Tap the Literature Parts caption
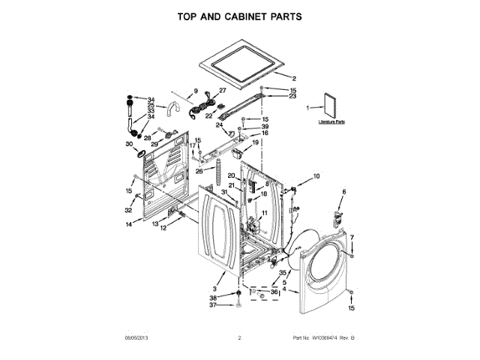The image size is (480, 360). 331,121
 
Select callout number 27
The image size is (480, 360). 222,91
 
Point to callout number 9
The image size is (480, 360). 196,91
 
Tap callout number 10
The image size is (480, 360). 316,175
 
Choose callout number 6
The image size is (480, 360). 344,193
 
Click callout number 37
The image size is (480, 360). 212,304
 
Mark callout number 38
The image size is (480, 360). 212,297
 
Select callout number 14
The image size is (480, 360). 129,224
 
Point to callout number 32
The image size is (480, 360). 129,210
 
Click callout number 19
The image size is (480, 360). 255,142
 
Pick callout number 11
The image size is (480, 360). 263,214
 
